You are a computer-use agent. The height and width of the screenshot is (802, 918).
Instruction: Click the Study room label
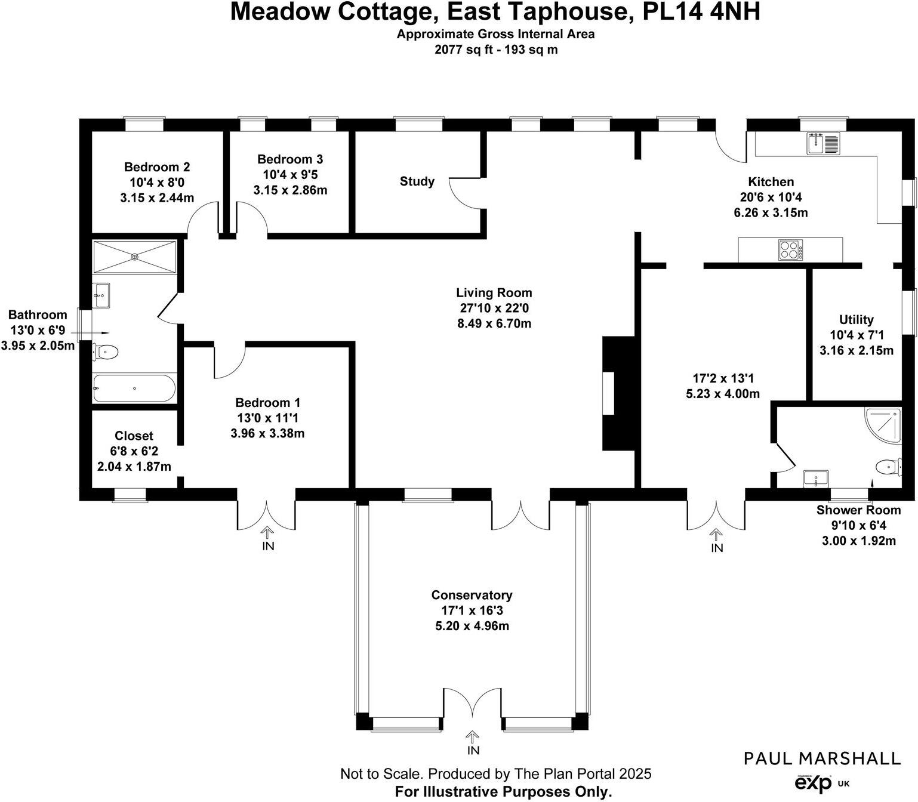point(417,181)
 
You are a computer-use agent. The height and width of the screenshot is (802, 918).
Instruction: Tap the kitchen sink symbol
point(823,143)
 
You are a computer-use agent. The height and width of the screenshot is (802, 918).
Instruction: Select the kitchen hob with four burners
point(790,250)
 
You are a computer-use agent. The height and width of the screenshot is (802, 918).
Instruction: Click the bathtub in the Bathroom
point(134,388)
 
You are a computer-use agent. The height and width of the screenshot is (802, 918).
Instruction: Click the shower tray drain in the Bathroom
point(135,257)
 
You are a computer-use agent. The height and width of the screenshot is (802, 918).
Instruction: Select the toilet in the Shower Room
point(889,466)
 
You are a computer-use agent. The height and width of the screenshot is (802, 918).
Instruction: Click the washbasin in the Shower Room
point(816,478)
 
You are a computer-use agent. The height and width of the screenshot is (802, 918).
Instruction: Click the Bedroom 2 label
point(157,167)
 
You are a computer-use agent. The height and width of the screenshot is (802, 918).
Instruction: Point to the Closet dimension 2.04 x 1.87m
point(134,467)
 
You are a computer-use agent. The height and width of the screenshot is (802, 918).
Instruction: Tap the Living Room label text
point(494,293)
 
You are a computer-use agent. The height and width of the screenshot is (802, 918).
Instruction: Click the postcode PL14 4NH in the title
point(701,12)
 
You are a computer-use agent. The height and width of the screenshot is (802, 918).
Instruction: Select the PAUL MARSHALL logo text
point(822,758)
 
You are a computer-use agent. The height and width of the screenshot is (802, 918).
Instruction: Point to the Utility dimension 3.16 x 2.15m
point(856,350)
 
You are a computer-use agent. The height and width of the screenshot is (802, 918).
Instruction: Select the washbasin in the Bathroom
point(101,295)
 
